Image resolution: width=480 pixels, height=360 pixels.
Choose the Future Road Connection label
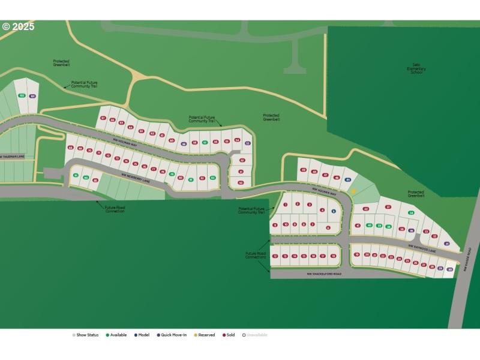point(115,209)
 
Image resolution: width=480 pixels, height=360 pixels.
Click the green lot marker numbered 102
point(22,96)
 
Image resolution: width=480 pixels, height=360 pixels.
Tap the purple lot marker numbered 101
point(32,96)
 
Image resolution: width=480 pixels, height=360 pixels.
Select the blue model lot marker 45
point(348,179)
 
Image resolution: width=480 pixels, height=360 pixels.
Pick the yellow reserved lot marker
point(354,192)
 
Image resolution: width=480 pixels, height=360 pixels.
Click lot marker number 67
point(103,118)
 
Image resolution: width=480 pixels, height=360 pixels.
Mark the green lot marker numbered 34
point(411,213)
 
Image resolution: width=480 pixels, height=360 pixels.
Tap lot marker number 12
point(275,256)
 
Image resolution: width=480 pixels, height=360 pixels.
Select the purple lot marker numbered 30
point(449,269)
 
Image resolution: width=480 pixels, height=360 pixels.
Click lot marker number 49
point(304,170)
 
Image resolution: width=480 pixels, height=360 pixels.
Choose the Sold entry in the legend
point(229,335)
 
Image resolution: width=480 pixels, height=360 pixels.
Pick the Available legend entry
point(116,335)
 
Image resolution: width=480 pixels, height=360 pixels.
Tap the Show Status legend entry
point(85,335)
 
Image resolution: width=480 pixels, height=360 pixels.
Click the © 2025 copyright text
point(18,26)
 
